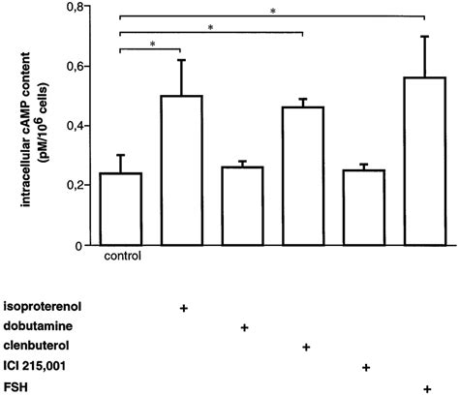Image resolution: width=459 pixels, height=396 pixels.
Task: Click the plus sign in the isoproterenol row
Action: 183,307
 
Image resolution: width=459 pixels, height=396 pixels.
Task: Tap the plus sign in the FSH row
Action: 427,388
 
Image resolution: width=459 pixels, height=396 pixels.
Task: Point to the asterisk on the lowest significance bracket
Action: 152,44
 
